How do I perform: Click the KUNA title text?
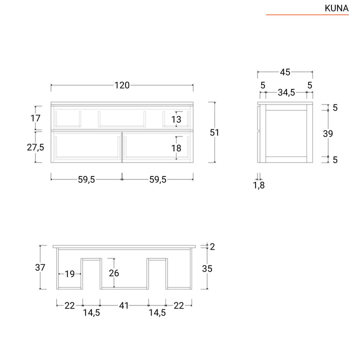coord(336,8)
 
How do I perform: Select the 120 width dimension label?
coord(122,85)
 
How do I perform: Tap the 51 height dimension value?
coord(214,132)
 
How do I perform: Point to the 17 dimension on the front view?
coord(35,118)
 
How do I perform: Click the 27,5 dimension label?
coord(35,147)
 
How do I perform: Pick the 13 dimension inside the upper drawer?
coord(176,119)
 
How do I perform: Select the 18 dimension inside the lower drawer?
coord(176,148)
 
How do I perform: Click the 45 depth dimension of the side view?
coord(285,72)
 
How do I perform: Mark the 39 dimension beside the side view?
coord(327,133)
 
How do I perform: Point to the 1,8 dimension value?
coord(258,186)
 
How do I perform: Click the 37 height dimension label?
coord(40,268)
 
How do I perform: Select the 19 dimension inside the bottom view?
coord(69,274)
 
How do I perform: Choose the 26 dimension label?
coord(114,273)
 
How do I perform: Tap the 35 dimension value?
coord(207,268)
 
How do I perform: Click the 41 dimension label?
coord(124,305)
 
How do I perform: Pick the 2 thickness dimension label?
coord(212,246)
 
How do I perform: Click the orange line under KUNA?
coord(307,15)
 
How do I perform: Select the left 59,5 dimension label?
coord(86,180)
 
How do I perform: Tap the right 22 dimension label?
coord(178,305)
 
